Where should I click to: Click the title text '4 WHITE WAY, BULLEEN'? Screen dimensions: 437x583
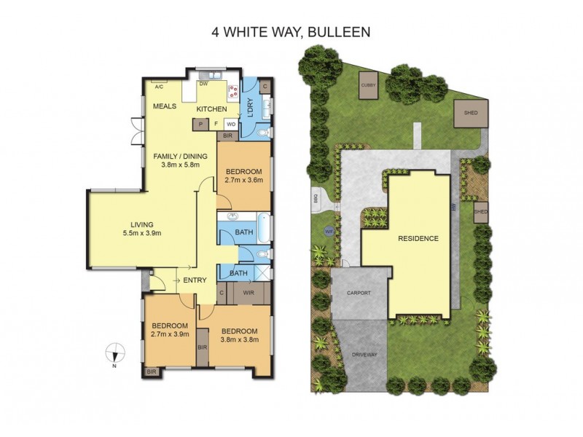(x=291, y=32)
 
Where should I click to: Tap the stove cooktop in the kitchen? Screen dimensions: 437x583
(x=235, y=92)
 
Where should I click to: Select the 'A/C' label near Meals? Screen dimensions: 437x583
(x=158, y=87)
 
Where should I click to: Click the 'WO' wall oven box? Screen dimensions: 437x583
(x=230, y=125)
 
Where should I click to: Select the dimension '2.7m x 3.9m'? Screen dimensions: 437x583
(x=170, y=334)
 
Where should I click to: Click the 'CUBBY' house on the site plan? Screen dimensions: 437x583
(x=368, y=87)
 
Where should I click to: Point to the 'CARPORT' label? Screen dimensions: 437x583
(x=359, y=293)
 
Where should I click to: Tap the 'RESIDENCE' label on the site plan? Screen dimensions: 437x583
(x=418, y=238)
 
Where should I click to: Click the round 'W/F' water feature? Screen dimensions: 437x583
(x=329, y=231)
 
